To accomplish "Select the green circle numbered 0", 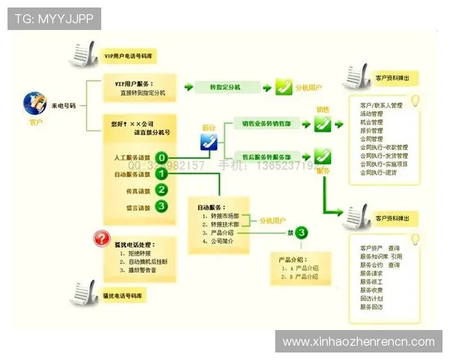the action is (161, 158).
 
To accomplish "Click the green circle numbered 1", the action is (161, 174).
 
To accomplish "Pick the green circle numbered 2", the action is (161, 190).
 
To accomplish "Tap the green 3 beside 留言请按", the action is (161, 205).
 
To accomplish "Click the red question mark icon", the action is (100, 239).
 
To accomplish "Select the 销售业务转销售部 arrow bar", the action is (265, 122).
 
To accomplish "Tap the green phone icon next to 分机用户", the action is (283, 86).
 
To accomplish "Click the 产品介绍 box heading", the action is (294, 257).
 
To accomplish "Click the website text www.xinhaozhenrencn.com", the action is (358, 341).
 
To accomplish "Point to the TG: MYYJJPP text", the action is (54, 18).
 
